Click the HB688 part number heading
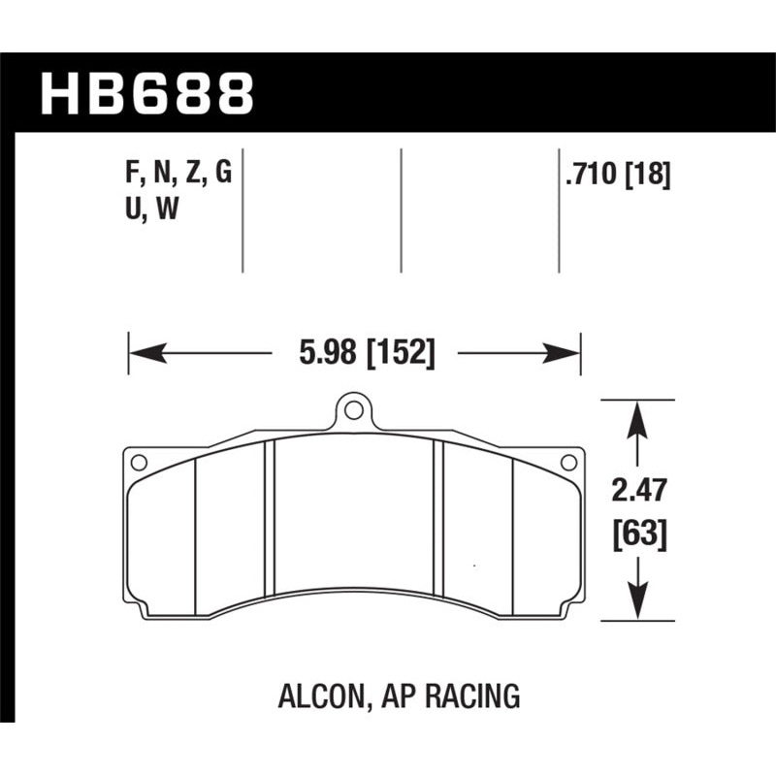coord(147,94)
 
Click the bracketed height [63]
coord(638,533)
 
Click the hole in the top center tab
coord(354,410)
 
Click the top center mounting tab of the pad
coord(354,412)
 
